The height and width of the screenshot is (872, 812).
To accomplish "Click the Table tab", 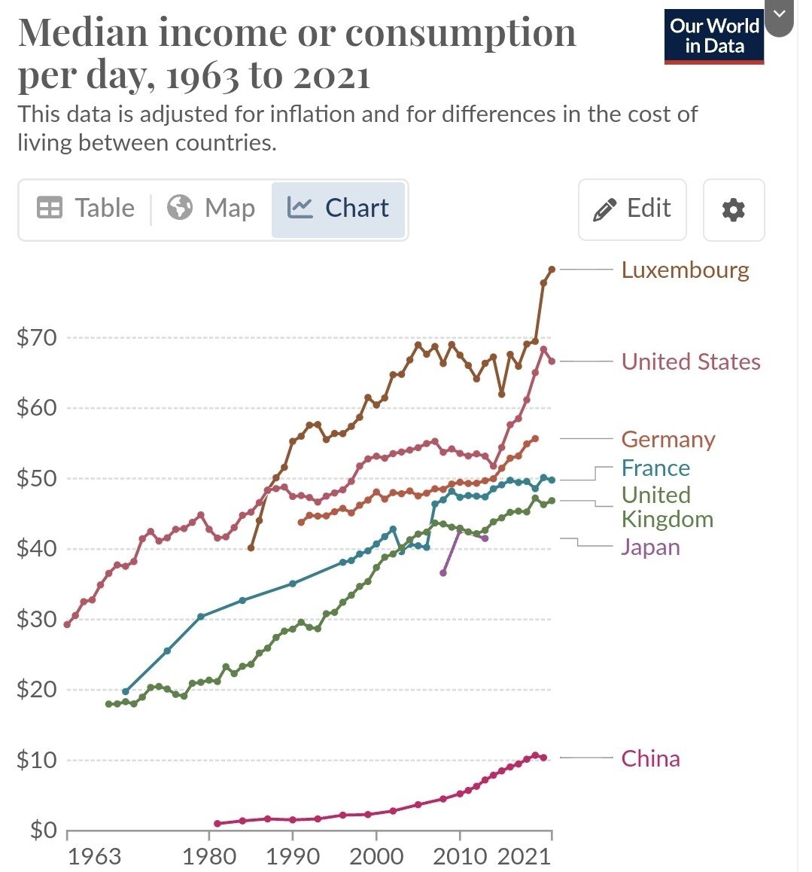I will pos(86,209).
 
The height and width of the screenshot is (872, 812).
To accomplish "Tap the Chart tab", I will pos(338,209).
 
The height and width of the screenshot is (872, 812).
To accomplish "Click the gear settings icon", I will pos(733,209).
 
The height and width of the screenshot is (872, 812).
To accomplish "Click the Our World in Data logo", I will pos(714,36).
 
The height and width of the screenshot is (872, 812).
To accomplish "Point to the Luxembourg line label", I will pos(685,270).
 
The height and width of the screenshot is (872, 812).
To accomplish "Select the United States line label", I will pos(690,362).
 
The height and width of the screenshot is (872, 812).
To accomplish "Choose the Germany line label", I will pos(668,440).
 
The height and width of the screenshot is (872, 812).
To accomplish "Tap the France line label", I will pos(655,468).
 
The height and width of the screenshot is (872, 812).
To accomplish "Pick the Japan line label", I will pos(650,547).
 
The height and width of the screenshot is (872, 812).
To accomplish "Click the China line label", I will pos(650,758).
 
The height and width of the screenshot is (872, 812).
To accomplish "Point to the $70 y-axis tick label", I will pos(37,338).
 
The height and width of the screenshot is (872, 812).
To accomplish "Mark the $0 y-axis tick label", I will pos(43,830).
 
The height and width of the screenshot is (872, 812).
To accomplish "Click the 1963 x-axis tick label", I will pos(93,857).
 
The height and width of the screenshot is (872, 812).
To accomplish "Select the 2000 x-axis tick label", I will pos(376,857).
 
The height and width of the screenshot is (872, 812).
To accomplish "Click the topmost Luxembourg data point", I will pos(552,269).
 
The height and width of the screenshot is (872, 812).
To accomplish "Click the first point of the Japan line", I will pos(443,573).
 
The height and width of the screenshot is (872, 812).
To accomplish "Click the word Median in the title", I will pos(84,34).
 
